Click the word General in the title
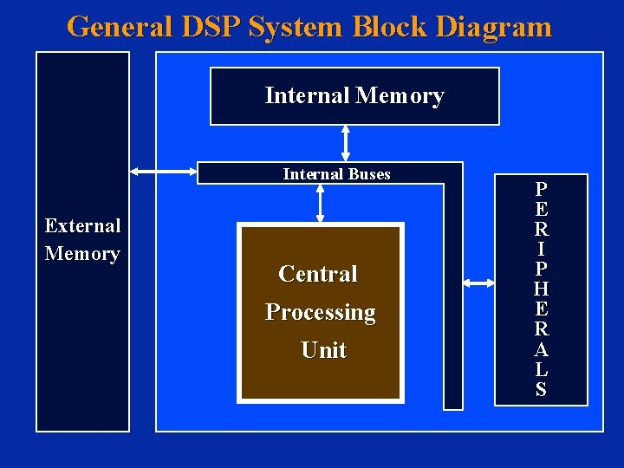coord(120,27)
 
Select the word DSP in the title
coord(211,27)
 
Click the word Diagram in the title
coord(494,27)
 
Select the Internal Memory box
coord(354,96)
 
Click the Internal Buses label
coord(336,174)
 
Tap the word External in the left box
coord(82,226)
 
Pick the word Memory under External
coord(82,254)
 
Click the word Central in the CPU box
coord(318,274)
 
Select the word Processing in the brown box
coord(320,312)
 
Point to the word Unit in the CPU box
coord(322,350)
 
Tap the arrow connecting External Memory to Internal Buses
coord(163,172)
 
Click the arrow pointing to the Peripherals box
coord(478,283)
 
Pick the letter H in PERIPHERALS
coord(541,289)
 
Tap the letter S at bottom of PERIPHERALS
coord(541,389)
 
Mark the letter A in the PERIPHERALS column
coord(541,349)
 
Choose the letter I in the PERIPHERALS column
coord(541,249)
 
